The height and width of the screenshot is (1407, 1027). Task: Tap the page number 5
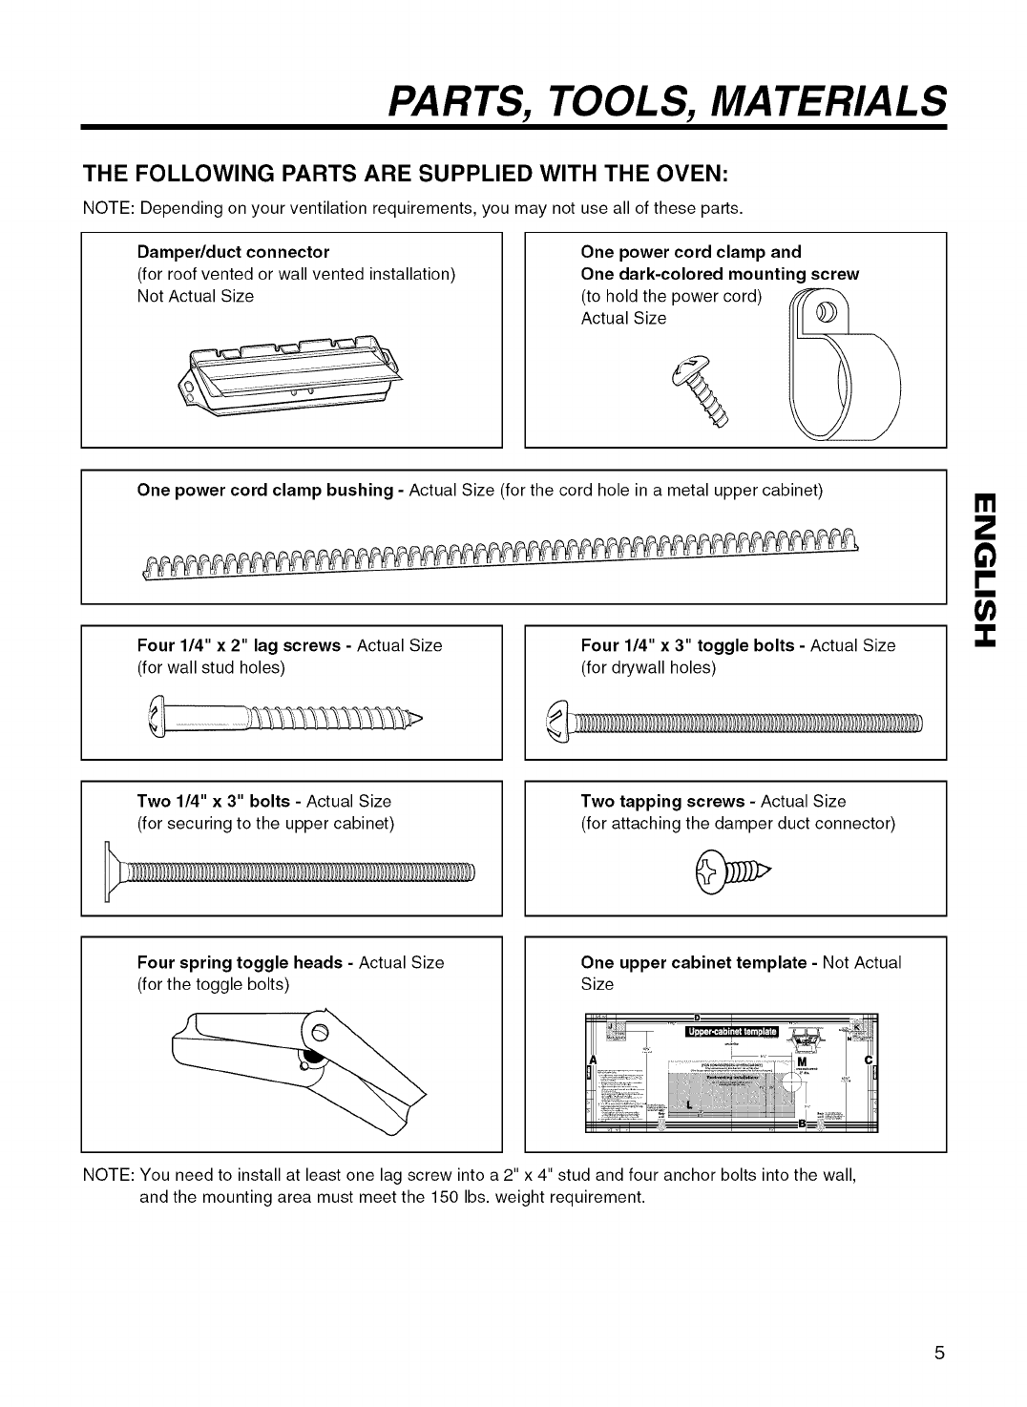pos(940,1353)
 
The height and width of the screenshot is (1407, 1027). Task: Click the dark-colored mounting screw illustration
pos(707,391)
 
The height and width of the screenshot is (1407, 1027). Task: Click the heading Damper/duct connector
pos(233,252)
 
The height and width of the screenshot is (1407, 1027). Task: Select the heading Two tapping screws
pos(662,801)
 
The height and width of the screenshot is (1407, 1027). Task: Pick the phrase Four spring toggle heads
pos(240,962)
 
